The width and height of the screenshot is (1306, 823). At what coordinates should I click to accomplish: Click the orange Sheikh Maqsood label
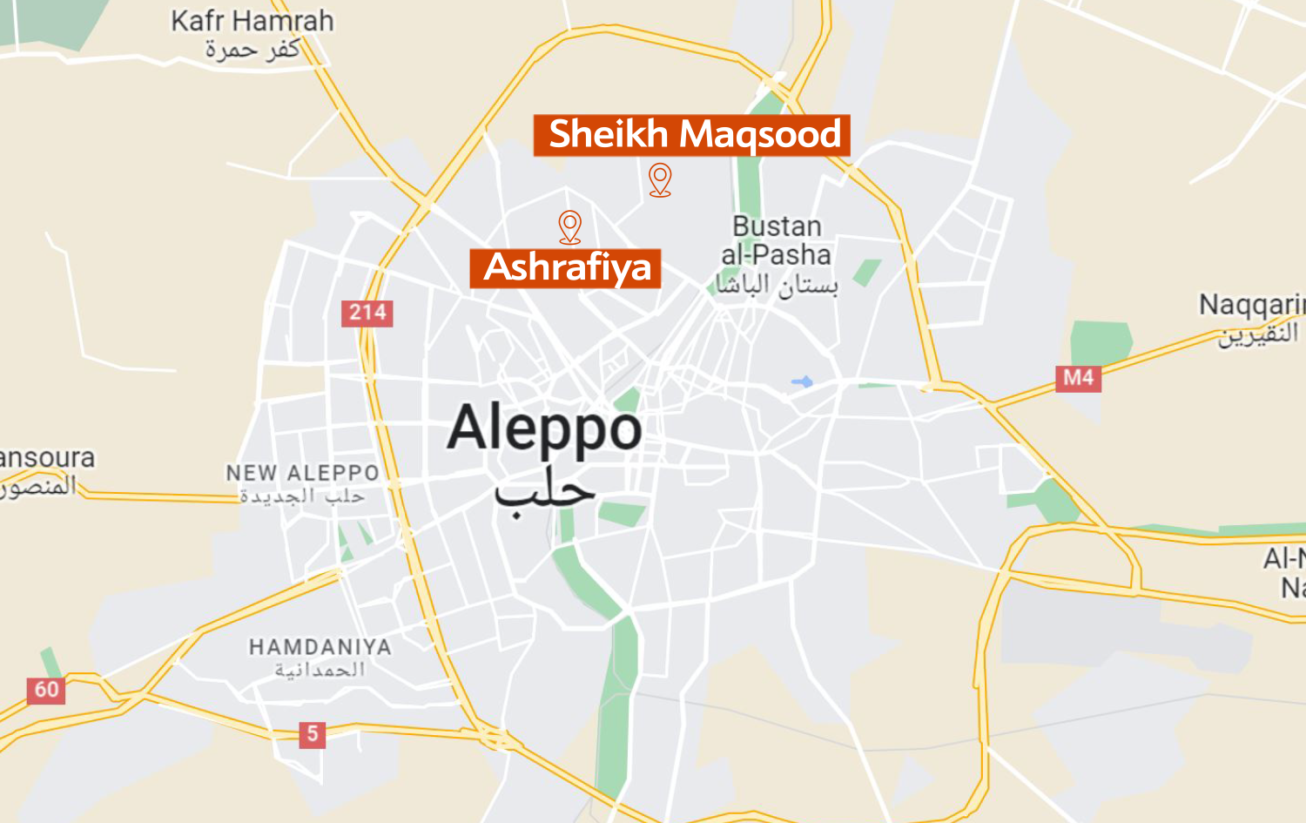pos(692,135)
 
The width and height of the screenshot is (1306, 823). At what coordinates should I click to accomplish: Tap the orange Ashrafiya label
pos(566,267)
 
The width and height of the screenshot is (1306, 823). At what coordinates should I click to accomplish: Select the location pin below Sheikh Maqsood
pos(660,179)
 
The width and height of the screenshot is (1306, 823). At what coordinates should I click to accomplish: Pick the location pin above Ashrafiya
pos(570,226)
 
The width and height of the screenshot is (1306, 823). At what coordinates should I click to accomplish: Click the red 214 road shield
pos(367,313)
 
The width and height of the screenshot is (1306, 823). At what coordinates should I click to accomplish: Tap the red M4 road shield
pos(1078,378)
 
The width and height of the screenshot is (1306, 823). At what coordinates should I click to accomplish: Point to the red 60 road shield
pos(46,691)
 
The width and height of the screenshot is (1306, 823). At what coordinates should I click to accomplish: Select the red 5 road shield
pos(312,734)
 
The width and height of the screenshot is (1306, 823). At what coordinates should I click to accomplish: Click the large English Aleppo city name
pos(545,428)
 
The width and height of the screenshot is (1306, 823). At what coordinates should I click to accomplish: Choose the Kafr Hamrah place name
pos(252,21)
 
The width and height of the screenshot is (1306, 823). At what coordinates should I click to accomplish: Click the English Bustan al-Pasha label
pos(777,240)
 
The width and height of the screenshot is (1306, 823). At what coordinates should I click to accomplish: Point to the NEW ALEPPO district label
pos(303,473)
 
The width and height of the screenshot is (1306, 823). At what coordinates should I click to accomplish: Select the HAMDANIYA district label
pos(320,647)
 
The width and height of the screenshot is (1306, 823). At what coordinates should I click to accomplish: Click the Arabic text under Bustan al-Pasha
pos(777,285)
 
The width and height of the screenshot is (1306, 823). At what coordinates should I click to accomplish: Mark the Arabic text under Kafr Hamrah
pos(252,50)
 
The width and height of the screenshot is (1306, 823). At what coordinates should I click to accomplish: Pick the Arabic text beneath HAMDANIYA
pos(320,670)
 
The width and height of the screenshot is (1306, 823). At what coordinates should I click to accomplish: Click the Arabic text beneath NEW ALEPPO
pos(303,496)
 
